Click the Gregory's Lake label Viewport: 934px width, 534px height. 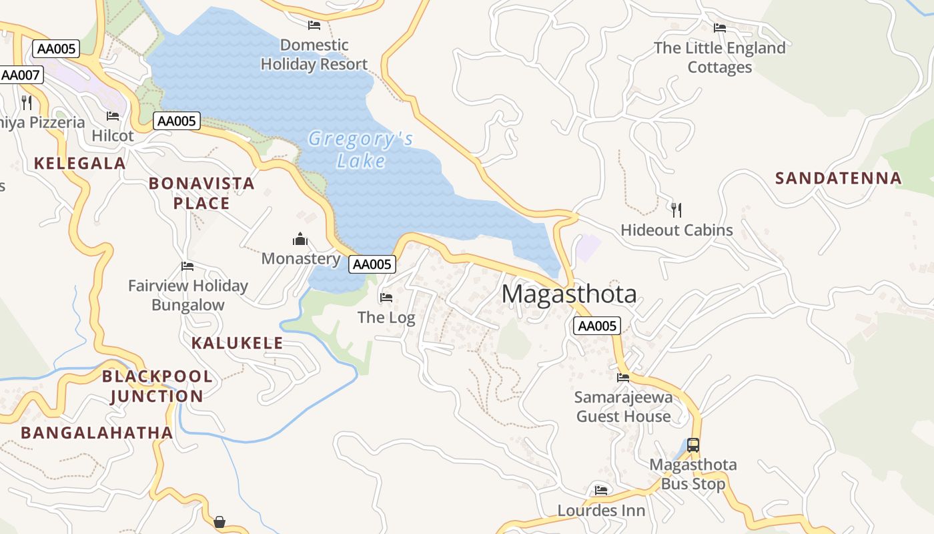361,150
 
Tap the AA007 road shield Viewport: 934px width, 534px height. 21,75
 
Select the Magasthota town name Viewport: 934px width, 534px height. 568,294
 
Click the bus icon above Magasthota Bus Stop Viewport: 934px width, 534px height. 693,445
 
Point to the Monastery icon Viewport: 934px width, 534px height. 300,240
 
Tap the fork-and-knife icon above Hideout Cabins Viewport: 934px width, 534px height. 676,210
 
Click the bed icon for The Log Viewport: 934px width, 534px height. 386,298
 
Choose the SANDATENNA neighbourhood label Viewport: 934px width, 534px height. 838,178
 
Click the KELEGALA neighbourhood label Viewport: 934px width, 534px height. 80,164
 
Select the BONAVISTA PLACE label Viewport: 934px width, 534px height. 201,193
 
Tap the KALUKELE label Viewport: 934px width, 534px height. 237,343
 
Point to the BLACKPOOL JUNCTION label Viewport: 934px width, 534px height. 157,386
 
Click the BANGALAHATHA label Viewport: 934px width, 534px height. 97,433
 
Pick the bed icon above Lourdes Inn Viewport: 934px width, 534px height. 601,491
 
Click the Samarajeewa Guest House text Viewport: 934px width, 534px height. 623,407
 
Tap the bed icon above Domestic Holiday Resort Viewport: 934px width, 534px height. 314,25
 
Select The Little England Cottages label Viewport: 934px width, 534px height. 719,57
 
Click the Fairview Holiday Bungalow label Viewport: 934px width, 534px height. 188,295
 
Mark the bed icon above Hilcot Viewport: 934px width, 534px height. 113,116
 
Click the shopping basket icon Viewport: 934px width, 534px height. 219,521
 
